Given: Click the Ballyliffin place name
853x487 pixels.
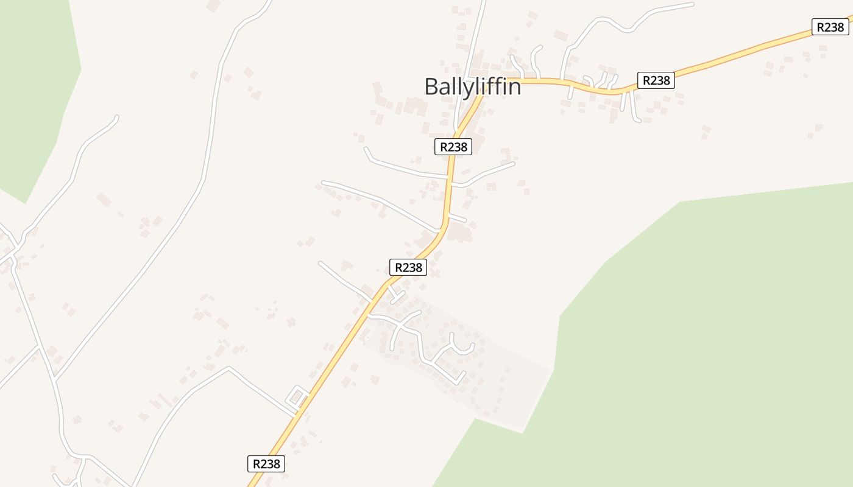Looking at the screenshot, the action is [473, 87].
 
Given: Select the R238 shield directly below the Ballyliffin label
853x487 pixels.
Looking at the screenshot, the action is [453, 147].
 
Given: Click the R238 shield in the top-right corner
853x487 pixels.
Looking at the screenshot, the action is [830, 27].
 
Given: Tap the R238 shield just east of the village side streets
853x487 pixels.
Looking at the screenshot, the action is [656, 80].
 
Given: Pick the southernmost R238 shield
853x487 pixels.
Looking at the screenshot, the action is [266, 464].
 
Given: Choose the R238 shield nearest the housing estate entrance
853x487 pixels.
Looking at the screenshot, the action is [408, 267].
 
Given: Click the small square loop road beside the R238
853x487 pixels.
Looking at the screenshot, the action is [297, 397].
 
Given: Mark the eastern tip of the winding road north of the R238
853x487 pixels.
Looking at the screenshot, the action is [692, 4].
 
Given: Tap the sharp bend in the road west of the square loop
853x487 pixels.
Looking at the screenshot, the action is [228, 368].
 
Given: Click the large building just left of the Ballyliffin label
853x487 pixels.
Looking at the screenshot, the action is [416, 106].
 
